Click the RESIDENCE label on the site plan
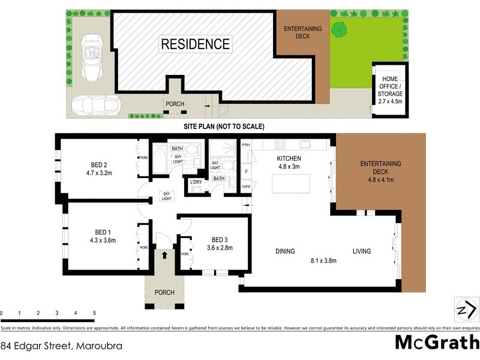coord(195,44)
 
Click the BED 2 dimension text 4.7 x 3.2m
coord(98,173)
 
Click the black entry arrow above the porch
coord(165,256)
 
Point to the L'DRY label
coord(196,182)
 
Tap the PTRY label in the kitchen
coord(246,145)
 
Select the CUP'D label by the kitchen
coord(246,187)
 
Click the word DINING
coord(285,251)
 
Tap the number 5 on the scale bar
coord(94,313)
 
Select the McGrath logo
coord(436,343)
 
